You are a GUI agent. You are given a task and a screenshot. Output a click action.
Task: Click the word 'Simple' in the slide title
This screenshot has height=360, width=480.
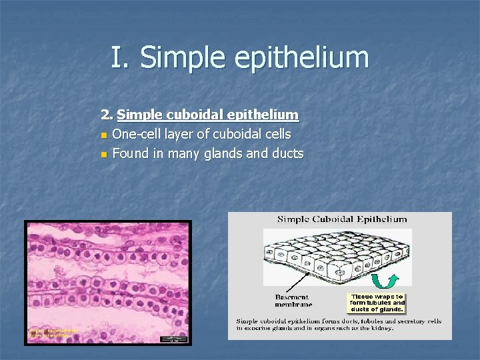(x=174, y=57)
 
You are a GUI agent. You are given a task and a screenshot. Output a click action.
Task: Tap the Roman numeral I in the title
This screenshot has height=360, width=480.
(x=118, y=57)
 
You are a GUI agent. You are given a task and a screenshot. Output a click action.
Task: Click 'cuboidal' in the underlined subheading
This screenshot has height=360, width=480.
(x=193, y=115)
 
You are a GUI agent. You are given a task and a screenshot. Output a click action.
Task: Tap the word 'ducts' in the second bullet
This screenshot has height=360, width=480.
(x=288, y=153)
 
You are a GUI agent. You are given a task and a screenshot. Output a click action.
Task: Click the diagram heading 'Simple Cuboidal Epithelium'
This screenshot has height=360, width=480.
(x=342, y=219)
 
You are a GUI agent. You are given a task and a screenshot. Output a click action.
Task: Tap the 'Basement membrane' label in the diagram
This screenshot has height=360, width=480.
(x=292, y=301)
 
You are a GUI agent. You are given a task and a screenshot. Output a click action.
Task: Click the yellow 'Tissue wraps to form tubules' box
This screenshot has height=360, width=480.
(x=377, y=303)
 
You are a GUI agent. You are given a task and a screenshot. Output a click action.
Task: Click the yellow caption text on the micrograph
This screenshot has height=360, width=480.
(x=53, y=333)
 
